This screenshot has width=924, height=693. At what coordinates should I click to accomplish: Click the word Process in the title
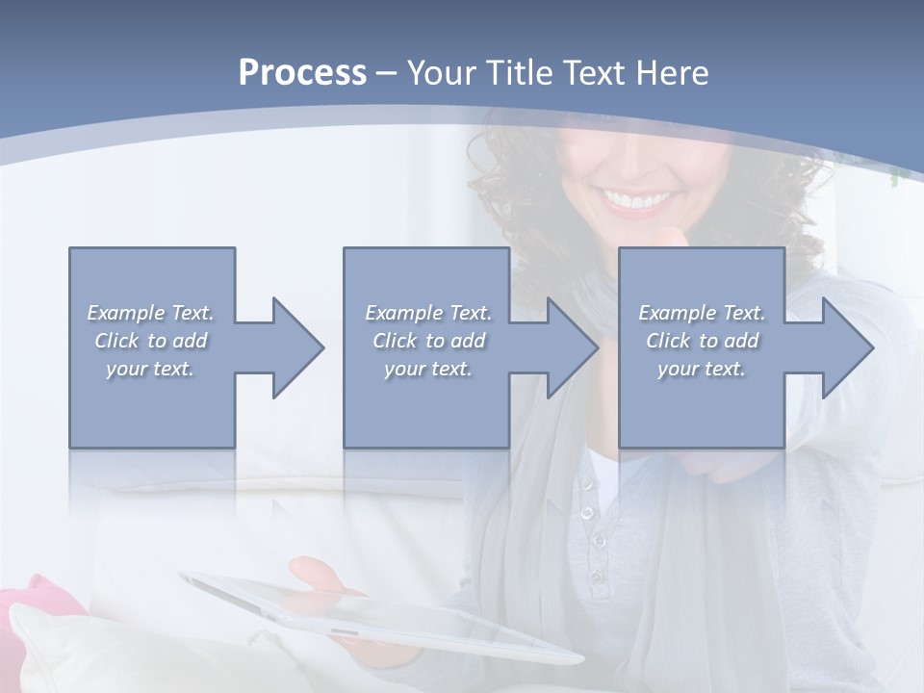(302, 73)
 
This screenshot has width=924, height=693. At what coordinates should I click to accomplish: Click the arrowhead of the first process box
(289, 347)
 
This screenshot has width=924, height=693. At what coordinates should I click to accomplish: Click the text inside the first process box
(150, 341)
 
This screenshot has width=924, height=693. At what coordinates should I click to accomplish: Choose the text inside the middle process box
(427, 341)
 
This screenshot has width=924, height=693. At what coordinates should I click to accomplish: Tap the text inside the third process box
(702, 341)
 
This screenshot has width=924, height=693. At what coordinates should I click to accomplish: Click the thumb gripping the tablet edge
(313, 575)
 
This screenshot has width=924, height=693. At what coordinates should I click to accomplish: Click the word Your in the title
(440, 73)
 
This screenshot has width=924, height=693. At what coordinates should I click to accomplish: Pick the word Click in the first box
(117, 341)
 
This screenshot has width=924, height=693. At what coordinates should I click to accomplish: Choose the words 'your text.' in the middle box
(427, 369)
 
